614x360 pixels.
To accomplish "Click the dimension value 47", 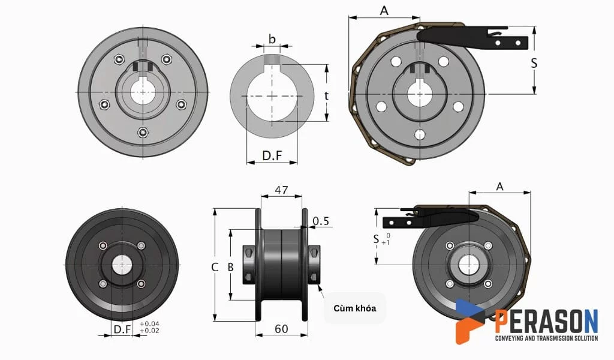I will [x=281, y=190].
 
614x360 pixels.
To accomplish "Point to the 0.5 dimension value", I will [x=321, y=221].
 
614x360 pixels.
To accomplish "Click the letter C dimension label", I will [x=214, y=268].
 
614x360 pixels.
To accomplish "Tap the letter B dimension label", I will [x=230, y=268].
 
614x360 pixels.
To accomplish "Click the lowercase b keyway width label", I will [x=272, y=40].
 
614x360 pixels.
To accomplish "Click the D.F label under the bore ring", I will [x=272, y=156].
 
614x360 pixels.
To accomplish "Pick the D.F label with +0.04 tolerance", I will [x=122, y=329].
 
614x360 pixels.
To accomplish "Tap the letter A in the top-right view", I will [x=384, y=10].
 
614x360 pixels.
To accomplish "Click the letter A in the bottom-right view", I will [x=500, y=187].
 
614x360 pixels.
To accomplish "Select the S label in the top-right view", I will [x=534, y=63].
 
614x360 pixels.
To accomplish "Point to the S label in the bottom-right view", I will [x=376, y=238].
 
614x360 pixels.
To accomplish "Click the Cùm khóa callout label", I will [x=354, y=308].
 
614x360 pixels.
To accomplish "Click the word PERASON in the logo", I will [x=546, y=322].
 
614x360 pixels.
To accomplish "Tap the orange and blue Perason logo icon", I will [x=470, y=321].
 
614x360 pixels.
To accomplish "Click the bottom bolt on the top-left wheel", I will [x=142, y=132].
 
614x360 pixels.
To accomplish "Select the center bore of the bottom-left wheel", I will [x=122, y=265].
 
